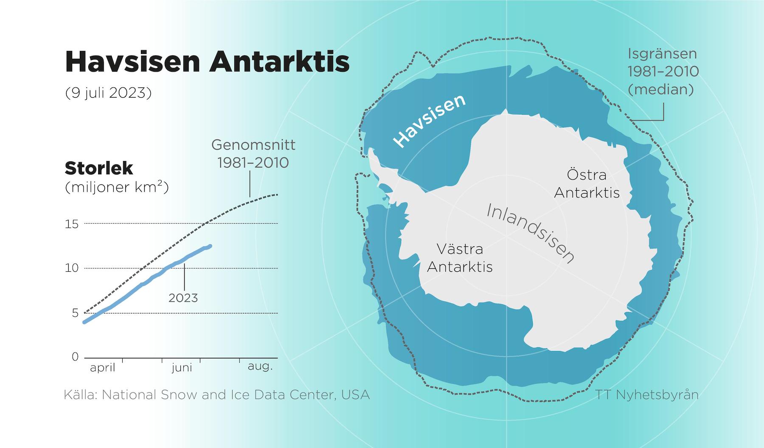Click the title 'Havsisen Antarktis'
point(207,62)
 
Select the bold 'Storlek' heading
point(99,169)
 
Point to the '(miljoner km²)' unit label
point(117,187)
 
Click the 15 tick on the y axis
point(72,224)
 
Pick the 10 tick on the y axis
point(72,268)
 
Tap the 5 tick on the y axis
point(76,313)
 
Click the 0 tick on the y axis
point(76,357)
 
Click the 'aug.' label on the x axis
point(260,366)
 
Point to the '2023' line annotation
point(183,298)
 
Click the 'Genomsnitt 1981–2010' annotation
point(253,154)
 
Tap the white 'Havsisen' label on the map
point(430,121)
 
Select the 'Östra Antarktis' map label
point(587,183)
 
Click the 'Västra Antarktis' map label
point(460,258)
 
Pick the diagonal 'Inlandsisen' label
point(530,233)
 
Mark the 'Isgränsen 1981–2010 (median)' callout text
point(663,72)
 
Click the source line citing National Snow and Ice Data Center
point(217,395)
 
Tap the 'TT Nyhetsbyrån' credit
point(647,395)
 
